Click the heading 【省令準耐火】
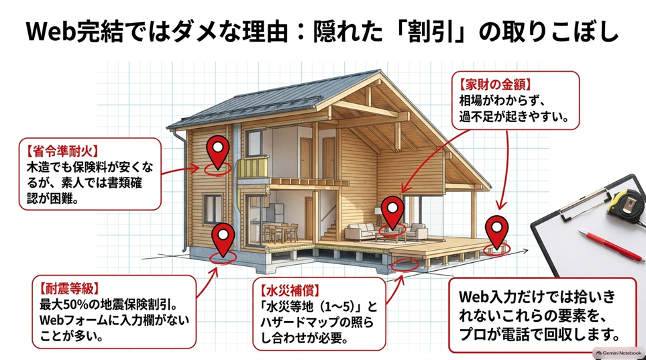(63, 151)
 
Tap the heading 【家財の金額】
(495, 85)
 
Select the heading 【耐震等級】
(70, 288)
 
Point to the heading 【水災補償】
(290, 290)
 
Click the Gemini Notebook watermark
(618, 353)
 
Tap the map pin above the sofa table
(392, 212)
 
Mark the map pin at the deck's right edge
(496, 232)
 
